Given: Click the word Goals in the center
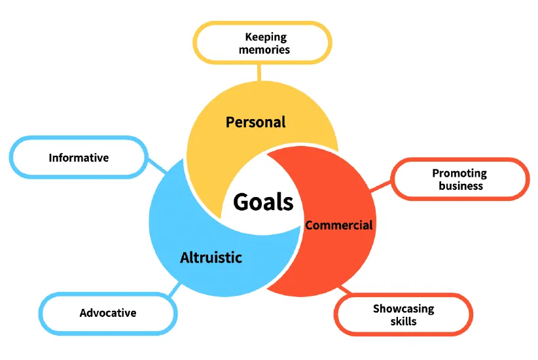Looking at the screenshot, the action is coord(263,202).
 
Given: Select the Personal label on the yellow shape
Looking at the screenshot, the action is coord(256,122).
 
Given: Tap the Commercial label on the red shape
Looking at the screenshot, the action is coord(338,225).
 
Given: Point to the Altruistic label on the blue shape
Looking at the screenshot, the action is coord(211,257).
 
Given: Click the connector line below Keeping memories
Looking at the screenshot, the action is coord(259,73).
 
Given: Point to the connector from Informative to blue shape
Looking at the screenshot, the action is coord(157,166).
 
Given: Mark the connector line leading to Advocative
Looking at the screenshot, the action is coord(175,289).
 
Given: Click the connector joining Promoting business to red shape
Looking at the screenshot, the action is coord(380,186).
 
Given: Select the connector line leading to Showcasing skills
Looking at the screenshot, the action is coord(345,290).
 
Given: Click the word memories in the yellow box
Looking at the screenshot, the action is coord(264,50).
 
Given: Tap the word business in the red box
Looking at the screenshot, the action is coord(461,186).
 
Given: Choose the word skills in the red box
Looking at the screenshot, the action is coord(403,321).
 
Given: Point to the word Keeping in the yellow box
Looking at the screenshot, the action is coord(266,37).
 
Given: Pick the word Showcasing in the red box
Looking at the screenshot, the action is coord(403,309).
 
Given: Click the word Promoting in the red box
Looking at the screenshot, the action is coord(459,173).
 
